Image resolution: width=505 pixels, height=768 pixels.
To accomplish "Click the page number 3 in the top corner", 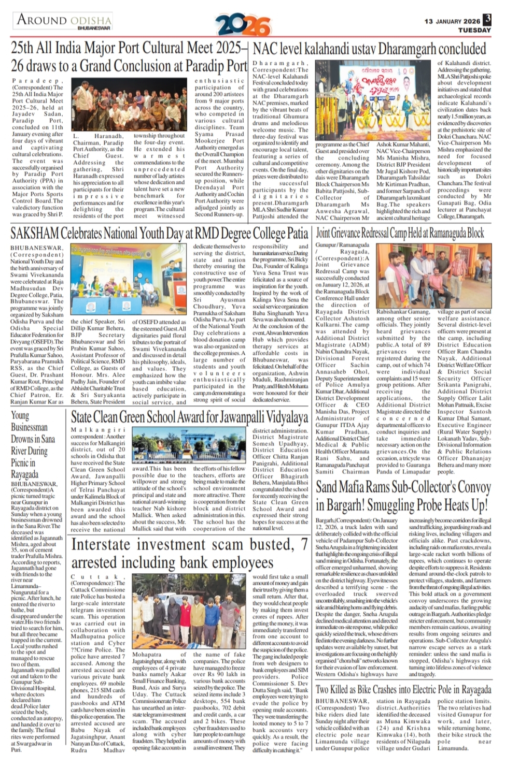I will pyautogui.click(x=487, y=20).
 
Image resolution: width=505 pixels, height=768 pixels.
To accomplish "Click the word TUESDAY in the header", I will pyautogui.click(x=474, y=30).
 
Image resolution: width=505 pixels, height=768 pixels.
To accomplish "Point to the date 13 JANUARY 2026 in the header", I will pyautogui.click(x=452, y=21).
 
